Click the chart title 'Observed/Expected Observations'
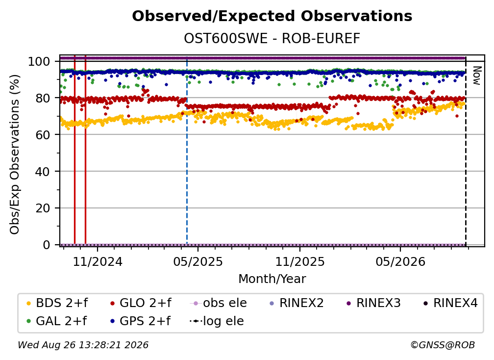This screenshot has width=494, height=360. pyautogui.click(x=272, y=16)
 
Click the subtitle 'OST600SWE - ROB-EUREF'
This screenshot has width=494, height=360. pyautogui.click(x=272, y=39)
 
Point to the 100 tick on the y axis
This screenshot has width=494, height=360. pyautogui.click(x=39, y=61)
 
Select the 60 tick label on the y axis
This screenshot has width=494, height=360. pyautogui.click(x=43, y=134)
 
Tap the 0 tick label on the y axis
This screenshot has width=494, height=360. pyautogui.click(x=46, y=245)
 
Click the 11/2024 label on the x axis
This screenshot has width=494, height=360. pyautogui.click(x=98, y=261)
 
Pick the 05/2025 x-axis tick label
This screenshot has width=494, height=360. pyautogui.click(x=198, y=261)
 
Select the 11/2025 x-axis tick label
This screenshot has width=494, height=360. pyautogui.click(x=300, y=261)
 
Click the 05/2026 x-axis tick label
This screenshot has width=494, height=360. pyautogui.click(x=400, y=261)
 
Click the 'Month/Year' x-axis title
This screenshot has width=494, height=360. pyautogui.click(x=272, y=279)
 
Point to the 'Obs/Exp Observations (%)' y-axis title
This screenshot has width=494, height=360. pyautogui.click(x=15, y=154)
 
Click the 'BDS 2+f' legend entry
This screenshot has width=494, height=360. pyautogui.click(x=57, y=303)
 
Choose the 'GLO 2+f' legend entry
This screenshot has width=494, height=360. pyautogui.click(x=141, y=303)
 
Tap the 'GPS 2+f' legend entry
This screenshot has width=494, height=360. pyautogui.click(x=140, y=321)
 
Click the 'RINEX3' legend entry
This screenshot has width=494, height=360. pyautogui.click(x=373, y=303)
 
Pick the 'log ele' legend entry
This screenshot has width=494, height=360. pyautogui.click(x=217, y=321)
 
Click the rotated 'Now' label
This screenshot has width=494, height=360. pyautogui.click(x=476, y=76)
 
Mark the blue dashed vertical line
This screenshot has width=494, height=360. pyautogui.click(x=187, y=151)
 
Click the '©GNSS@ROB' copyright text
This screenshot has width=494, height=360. pyautogui.click(x=443, y=345)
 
